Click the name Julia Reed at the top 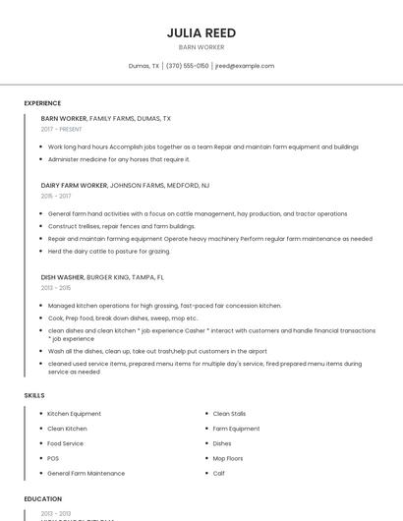click(x=201, y=32)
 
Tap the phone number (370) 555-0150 click(x=187, y=66)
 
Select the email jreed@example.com click(x=245, y=66)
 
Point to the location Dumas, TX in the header click(x=144, y=66)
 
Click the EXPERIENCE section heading click(x=42, y=103)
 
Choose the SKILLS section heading click(x=34, y=395)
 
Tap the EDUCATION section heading click(x=43, y=499)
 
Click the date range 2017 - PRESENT click(x=62, y=129)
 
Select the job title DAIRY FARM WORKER click(x=74, y=185)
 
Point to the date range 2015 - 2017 click(x=56, y=196)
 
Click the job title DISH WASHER click(x=62, y=277)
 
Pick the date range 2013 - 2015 click(x=56, y=288)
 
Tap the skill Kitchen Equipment click(x=75, y=414)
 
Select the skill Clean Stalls click(x=229, y=414)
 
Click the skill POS click(x=53, y=458)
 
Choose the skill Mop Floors click(x=229, y=458)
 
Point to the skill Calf click(x=219, y=473)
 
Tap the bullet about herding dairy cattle click(x=109, y=251)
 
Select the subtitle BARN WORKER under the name click(x=201, y=47)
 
